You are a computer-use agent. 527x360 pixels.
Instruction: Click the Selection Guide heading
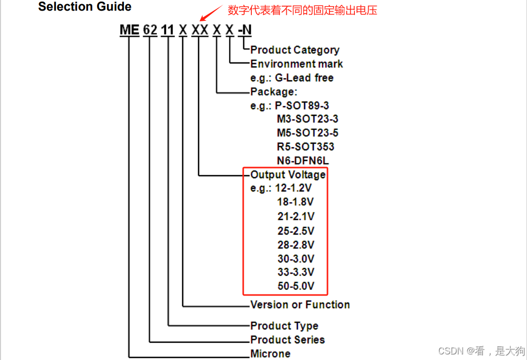coord(85,7)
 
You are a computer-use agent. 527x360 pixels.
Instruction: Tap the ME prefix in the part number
coord(129,30)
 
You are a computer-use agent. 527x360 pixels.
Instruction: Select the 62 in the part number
coord(150,30)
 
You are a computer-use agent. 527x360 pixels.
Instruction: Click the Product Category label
coord(294,50)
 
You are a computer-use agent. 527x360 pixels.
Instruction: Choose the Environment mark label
coord(297,64)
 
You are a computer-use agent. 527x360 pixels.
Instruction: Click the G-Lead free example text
coord(304,78)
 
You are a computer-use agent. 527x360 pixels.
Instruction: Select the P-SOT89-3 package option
coord(302,106)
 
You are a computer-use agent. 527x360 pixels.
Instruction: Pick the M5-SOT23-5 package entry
coord(307,133)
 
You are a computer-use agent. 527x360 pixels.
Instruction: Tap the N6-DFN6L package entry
coord(303,160)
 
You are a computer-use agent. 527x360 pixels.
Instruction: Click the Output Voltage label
coord(288,175)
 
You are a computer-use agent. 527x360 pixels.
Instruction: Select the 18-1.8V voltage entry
coord(295,202)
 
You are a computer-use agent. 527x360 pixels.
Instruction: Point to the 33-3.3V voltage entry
coord(295,272)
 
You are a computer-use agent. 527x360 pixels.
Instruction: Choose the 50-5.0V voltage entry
coord(295,286)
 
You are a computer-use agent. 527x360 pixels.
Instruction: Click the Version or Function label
coord(300,305)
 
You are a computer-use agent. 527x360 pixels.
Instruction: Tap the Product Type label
coord(284,326)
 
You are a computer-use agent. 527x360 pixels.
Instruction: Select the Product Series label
coord(287,340)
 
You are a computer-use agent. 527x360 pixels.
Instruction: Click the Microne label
coord(270,353)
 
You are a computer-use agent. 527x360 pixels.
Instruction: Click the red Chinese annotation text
coord(303,10)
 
